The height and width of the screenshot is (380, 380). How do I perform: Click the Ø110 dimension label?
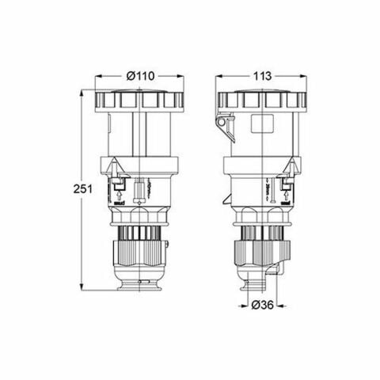click(139, 75)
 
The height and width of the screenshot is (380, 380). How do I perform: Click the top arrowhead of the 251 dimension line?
click(82, 92)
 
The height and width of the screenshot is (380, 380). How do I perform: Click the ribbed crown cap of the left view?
click(139, 100)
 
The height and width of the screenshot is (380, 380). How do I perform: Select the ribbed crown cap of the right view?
click(262, 100)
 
